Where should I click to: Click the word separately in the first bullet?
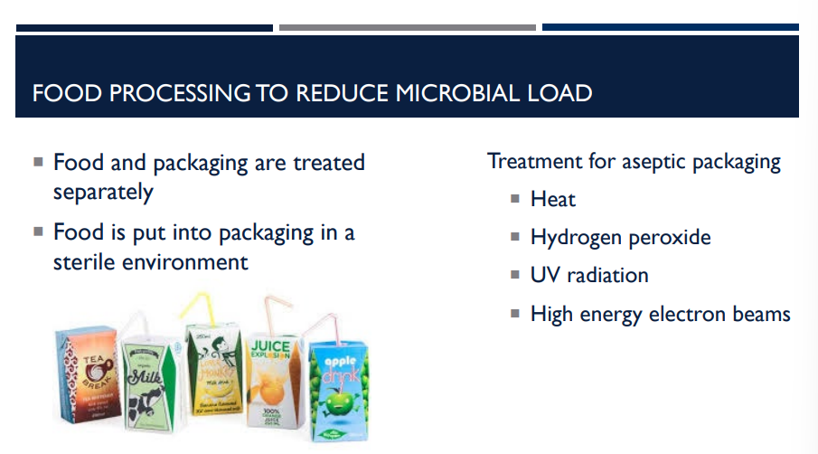pyautogui.click(x=103, y=193)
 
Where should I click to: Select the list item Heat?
pyautogui.click(x=552, y=200)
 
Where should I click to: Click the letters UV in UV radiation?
pyautogui.click(x=545, y=276)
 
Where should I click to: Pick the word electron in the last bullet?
pyautogui.click(x=691, y=314)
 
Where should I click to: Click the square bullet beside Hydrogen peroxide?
pyautogui.click(x=513, y=237)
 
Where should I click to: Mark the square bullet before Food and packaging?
pyautogui.click(x=38, y=163)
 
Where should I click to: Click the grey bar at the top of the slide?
pyautogui.click(x=407, y=27)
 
